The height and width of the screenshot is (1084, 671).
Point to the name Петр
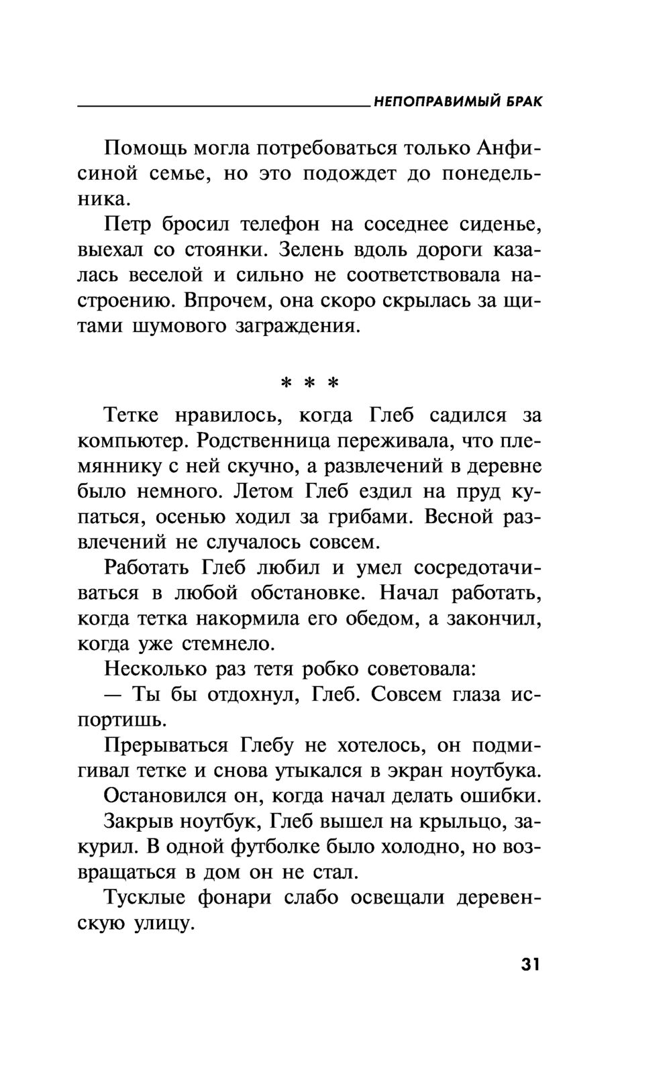pos(127,223)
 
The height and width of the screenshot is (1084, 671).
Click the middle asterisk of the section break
pos(309,384)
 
